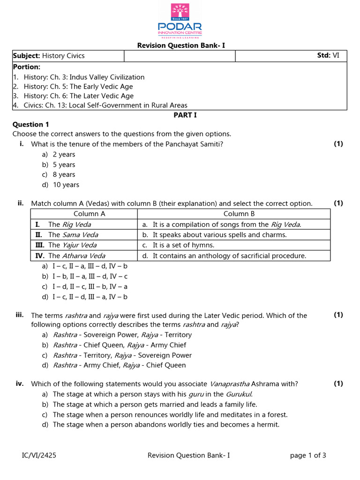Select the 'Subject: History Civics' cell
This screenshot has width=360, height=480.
[49, 56]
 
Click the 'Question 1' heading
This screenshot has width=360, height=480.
[30, 125]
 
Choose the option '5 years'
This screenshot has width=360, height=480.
[64, 165]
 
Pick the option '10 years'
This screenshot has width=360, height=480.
[66, 185]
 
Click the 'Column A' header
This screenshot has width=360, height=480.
[89, 214]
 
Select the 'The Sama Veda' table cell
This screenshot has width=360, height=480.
[73, 235]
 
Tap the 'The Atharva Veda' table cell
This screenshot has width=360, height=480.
[76, 256]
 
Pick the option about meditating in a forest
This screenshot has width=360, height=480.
[170, 414]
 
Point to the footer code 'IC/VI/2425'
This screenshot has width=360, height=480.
[39, 455]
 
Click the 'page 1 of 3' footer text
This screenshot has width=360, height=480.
[308, 455]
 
